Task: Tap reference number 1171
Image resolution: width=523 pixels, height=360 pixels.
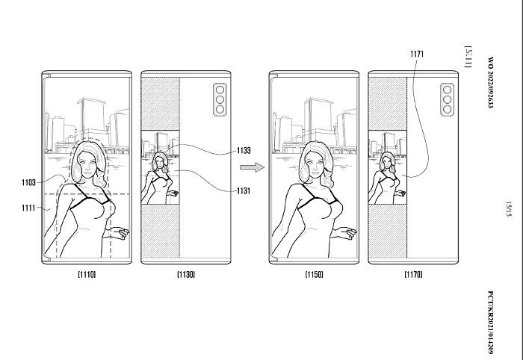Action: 418,54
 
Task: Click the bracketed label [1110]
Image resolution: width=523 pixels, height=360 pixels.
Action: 86,275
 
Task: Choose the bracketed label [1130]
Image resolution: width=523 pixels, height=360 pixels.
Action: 186,275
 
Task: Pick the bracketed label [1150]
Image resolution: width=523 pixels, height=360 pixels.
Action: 315,275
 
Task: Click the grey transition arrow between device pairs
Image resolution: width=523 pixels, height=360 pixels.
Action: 256,170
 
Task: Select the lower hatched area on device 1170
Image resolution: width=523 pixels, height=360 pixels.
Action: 388,228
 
